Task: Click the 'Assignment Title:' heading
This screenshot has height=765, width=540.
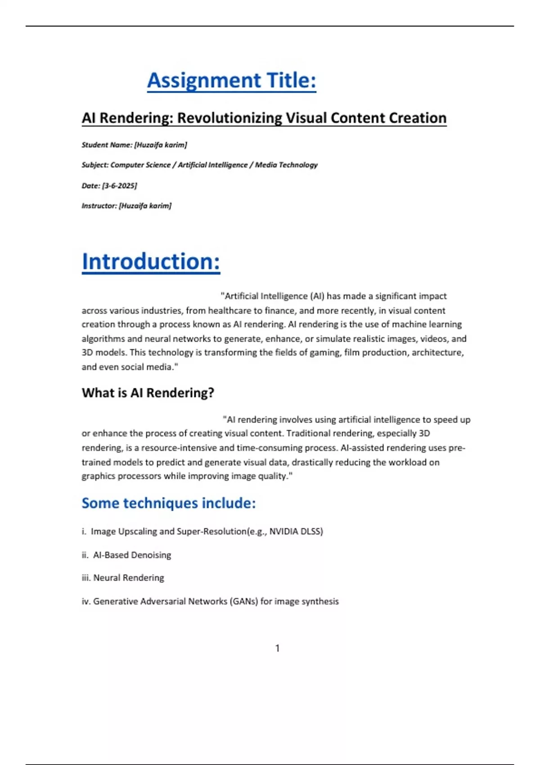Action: tap(231, 81)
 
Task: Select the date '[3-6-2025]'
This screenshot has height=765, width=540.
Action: tap(119, 185)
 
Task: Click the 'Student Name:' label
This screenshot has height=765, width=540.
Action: tap(107, 145)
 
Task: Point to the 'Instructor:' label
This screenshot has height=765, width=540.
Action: tap(99, 206)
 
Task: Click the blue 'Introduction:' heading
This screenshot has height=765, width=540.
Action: tap(151, 262)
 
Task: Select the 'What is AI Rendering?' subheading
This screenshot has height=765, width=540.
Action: tap(148, 393)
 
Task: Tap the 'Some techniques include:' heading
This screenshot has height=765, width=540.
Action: tap(168, 503)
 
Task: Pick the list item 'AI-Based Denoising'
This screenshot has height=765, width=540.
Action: tap(132, 555)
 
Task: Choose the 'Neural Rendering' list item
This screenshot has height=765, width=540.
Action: tap(128, 578)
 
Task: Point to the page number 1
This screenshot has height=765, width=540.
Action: tap(277, 648)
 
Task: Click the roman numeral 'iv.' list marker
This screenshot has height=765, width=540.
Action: tap(86, 602)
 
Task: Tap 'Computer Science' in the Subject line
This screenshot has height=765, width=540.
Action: tap(140, 165)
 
